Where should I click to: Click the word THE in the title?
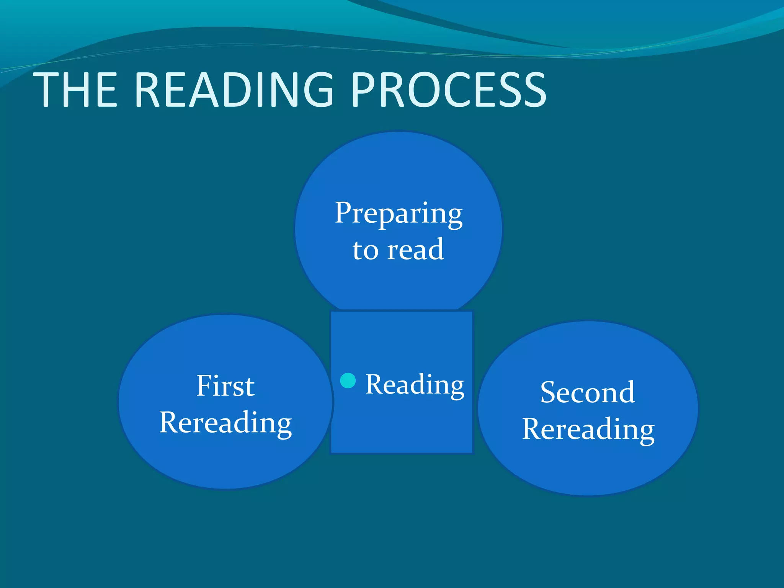point(75,90)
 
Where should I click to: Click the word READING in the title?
point(234,90)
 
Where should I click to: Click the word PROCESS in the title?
point(448,90)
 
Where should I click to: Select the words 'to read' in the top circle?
point(398,250)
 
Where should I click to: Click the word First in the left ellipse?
point(225,386)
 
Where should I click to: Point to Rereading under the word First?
point(225,423)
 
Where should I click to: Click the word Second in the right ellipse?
point(588,392)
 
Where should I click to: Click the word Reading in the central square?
point(415,385)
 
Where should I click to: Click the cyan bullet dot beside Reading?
point(348,381)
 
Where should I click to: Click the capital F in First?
point(204,385)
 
